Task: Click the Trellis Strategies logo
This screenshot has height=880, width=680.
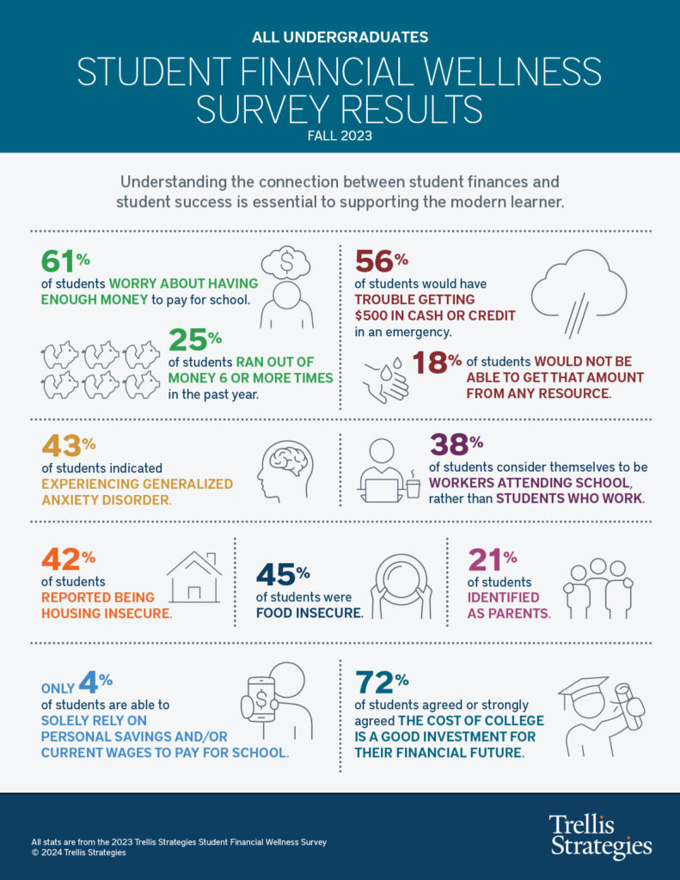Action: [600, 835]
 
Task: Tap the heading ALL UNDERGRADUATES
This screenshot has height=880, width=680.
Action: [340, 37]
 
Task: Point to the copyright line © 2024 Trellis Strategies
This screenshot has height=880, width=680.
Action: [78, 852]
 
